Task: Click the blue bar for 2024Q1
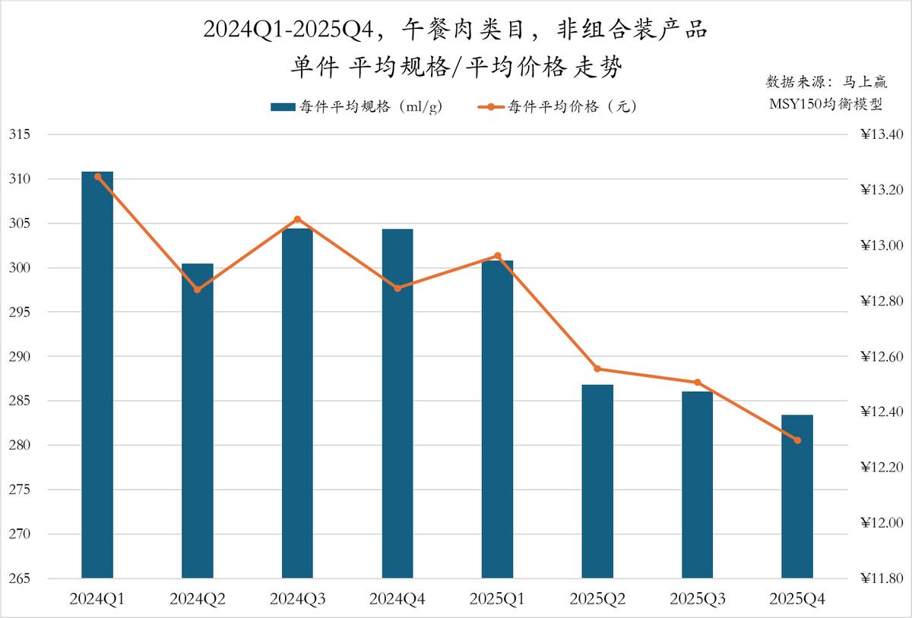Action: (97, 375)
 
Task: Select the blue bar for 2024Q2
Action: (198, 421)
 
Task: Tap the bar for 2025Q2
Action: (597, 481)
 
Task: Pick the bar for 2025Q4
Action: (797, 497)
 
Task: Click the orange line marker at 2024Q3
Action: (297, 219)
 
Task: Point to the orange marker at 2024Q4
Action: (397, 288)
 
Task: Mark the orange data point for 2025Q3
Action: (698, 383)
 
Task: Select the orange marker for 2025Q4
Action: (797, 440)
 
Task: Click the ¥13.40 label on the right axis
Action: (882, 135)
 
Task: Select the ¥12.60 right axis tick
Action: (882, 357)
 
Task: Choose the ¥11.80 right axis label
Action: (882, 579)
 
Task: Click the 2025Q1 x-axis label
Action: (498, 599)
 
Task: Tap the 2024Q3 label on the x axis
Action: (297, 599)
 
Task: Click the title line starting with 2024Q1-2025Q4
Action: (456, 30)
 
